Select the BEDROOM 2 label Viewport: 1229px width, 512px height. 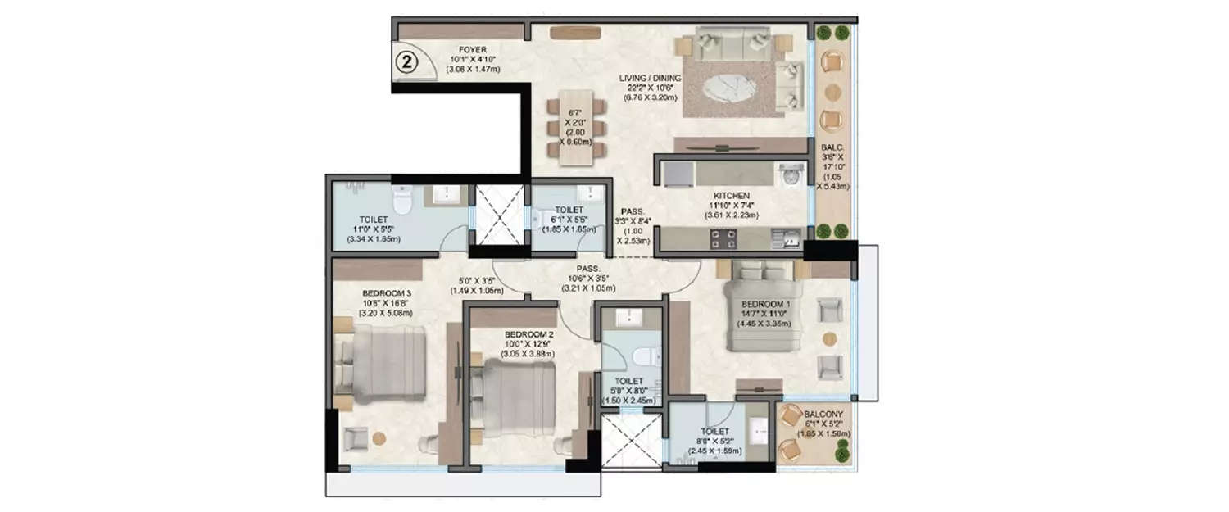click(526, 334)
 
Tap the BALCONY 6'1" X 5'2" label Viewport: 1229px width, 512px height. click(821, 415)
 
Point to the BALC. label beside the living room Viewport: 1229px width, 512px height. click(832, 149)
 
